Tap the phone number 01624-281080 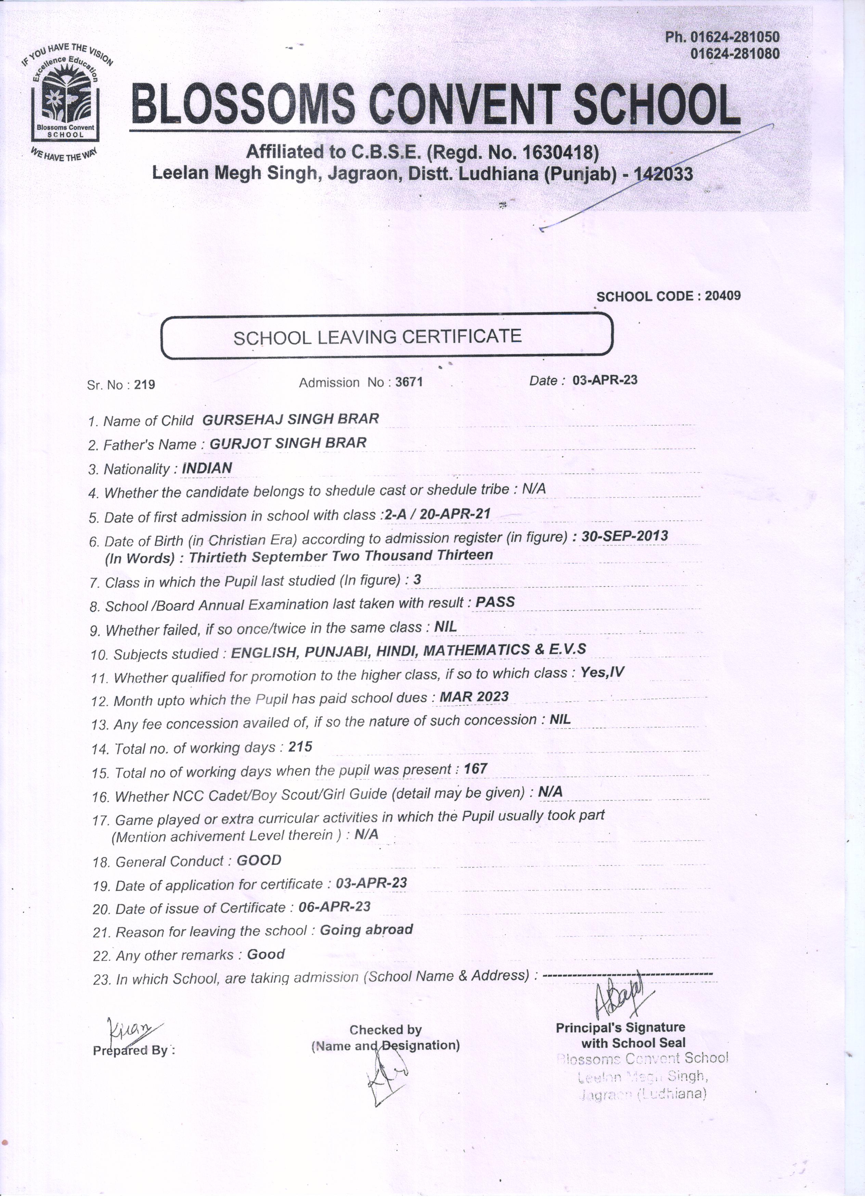point(735,53)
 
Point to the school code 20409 point(723,296)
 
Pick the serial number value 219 point(144,385)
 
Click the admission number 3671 point(409,382)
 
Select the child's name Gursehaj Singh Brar point(291,419)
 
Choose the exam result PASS point(495,602)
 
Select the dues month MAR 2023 point(474,696)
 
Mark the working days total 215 point(300,747)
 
